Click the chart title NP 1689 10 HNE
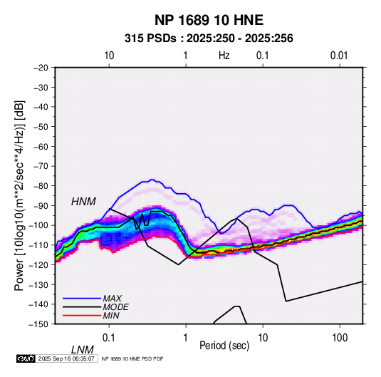209,20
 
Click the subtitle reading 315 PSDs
150,38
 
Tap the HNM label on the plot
83,202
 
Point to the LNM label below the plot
82,350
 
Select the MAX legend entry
112,299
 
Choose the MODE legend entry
115,307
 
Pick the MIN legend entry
111,316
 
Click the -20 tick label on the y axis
41,68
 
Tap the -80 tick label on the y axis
41,186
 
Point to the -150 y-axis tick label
38,324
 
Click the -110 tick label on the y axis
38,245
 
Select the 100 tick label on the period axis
340,338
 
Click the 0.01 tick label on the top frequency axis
339,56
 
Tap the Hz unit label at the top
224,56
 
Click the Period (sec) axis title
224,346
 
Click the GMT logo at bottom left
26,358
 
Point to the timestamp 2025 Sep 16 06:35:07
66,358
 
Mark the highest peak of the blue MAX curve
152,180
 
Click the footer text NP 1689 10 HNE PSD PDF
132,358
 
